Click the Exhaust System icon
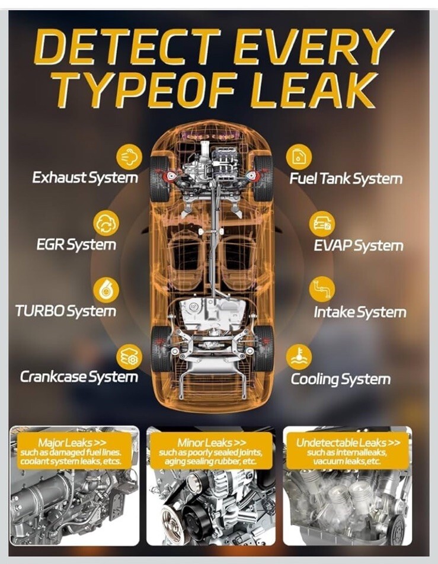tap(129, 156)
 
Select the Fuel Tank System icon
tap(299, 157)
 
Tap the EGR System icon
tap(106, 223)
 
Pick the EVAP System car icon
tap(322, 224)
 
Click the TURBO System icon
tap(106, 290)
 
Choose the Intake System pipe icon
tap(322, 289)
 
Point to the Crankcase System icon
tap(129, 357)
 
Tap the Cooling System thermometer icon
tap(299, 357)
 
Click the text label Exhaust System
tap(85, 178)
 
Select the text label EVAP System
tap(359, 246)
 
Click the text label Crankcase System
tap(79, 377)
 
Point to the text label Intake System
tap(360, 312)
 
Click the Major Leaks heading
tap(72, 443)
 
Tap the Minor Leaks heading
tap(212, 443)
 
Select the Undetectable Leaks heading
tap(348, 443)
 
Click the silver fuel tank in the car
tap(213, 315)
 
